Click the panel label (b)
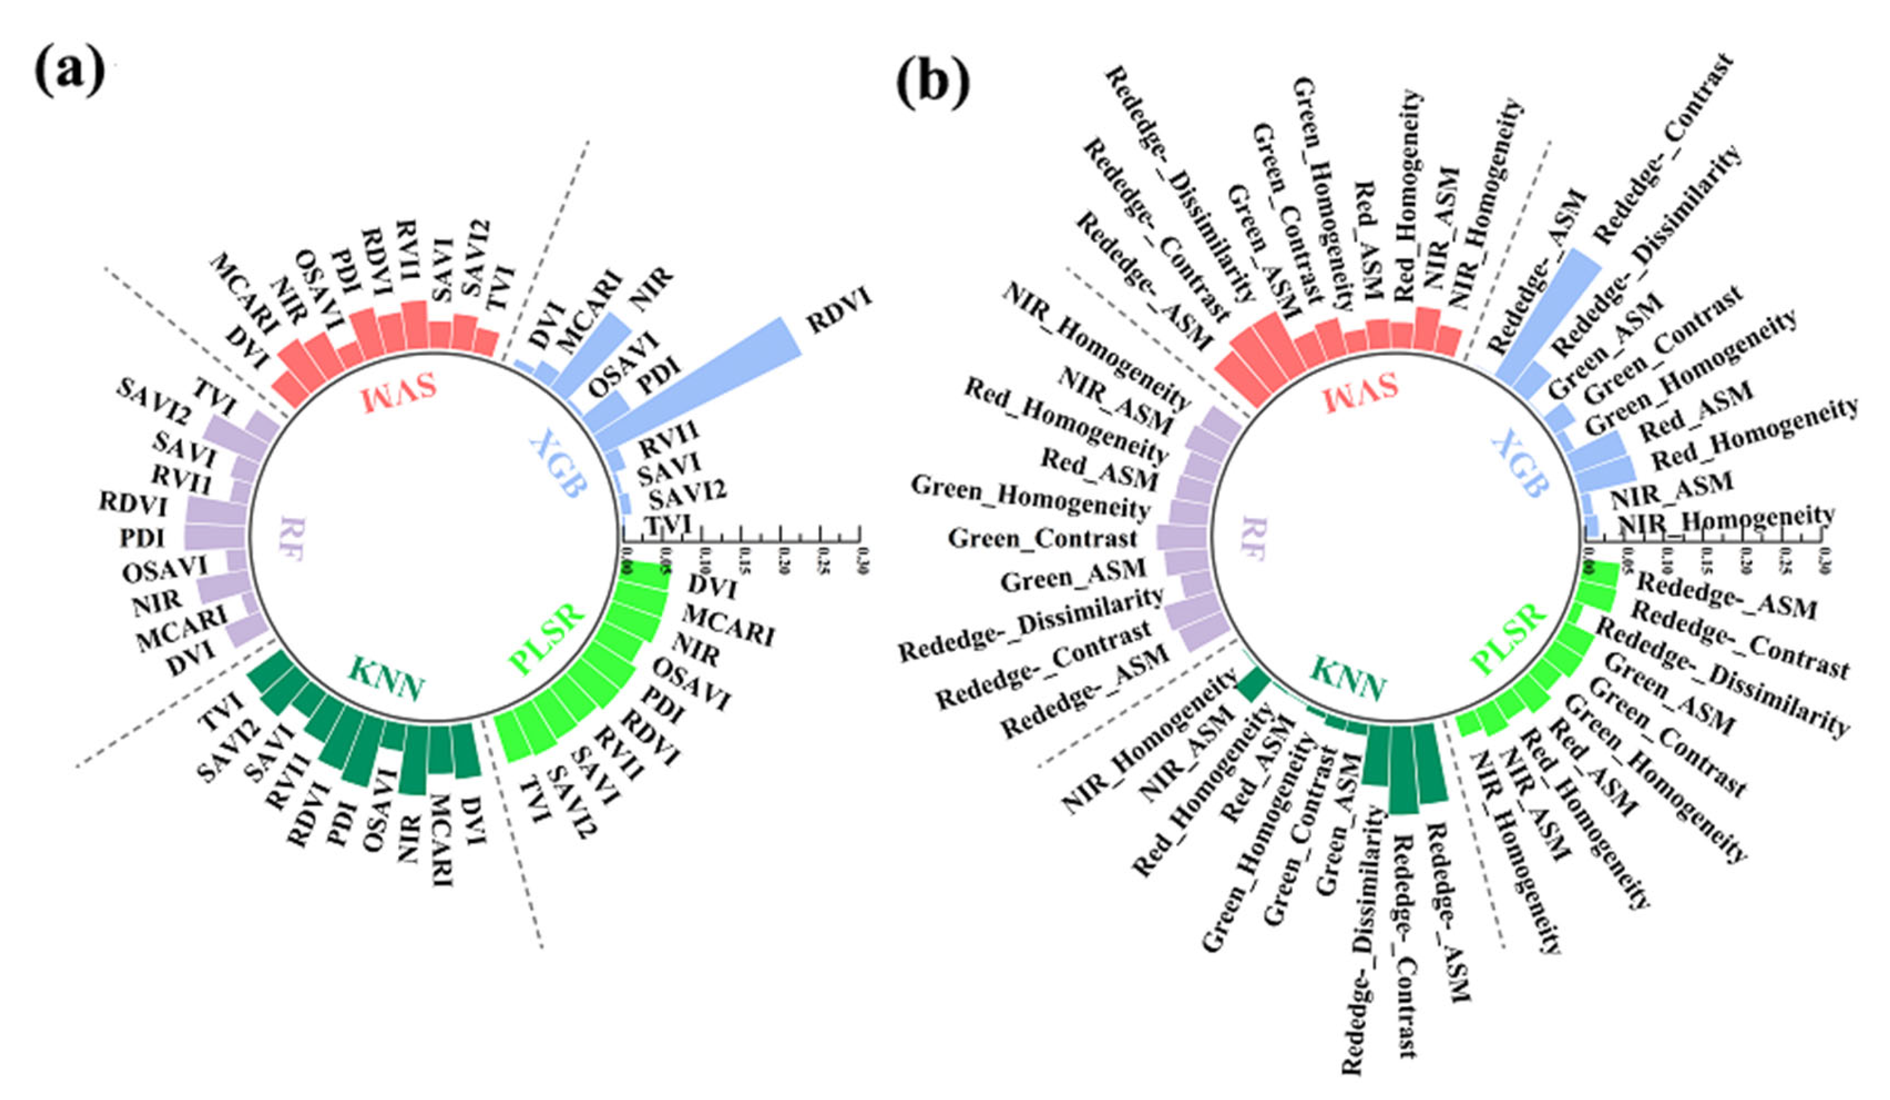coord(932,84)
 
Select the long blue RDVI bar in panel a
coord(697,379)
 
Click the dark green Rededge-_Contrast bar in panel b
coord(1402,768)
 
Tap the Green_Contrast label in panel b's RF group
coord(1042,539)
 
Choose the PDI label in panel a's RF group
coord(143,538)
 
